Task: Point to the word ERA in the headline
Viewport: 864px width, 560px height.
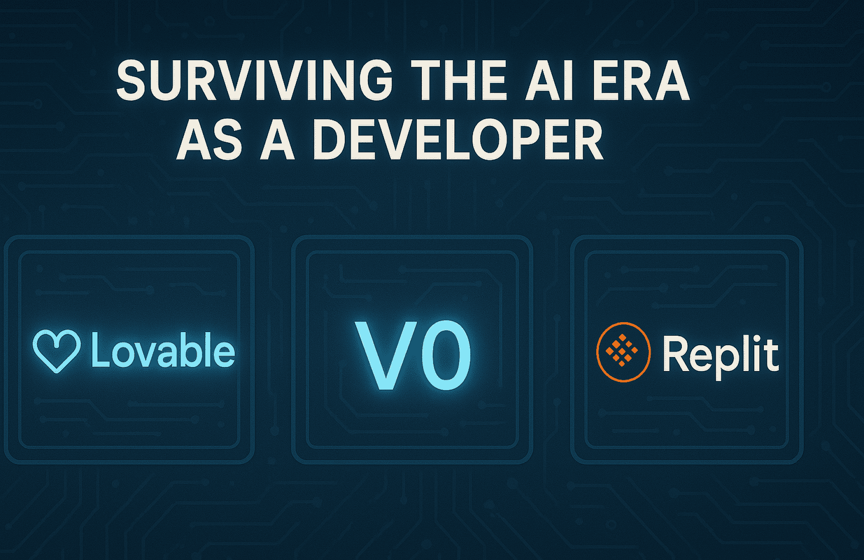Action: tap(640, 81)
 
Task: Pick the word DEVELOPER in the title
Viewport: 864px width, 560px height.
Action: tap(458, 140)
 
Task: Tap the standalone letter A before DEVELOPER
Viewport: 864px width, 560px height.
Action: tap(277, 140)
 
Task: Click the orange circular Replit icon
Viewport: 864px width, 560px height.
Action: tap(623, 352)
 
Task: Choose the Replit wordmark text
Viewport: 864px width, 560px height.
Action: tap(720, 354)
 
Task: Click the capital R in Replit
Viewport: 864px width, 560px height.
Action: tap(675, 353)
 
